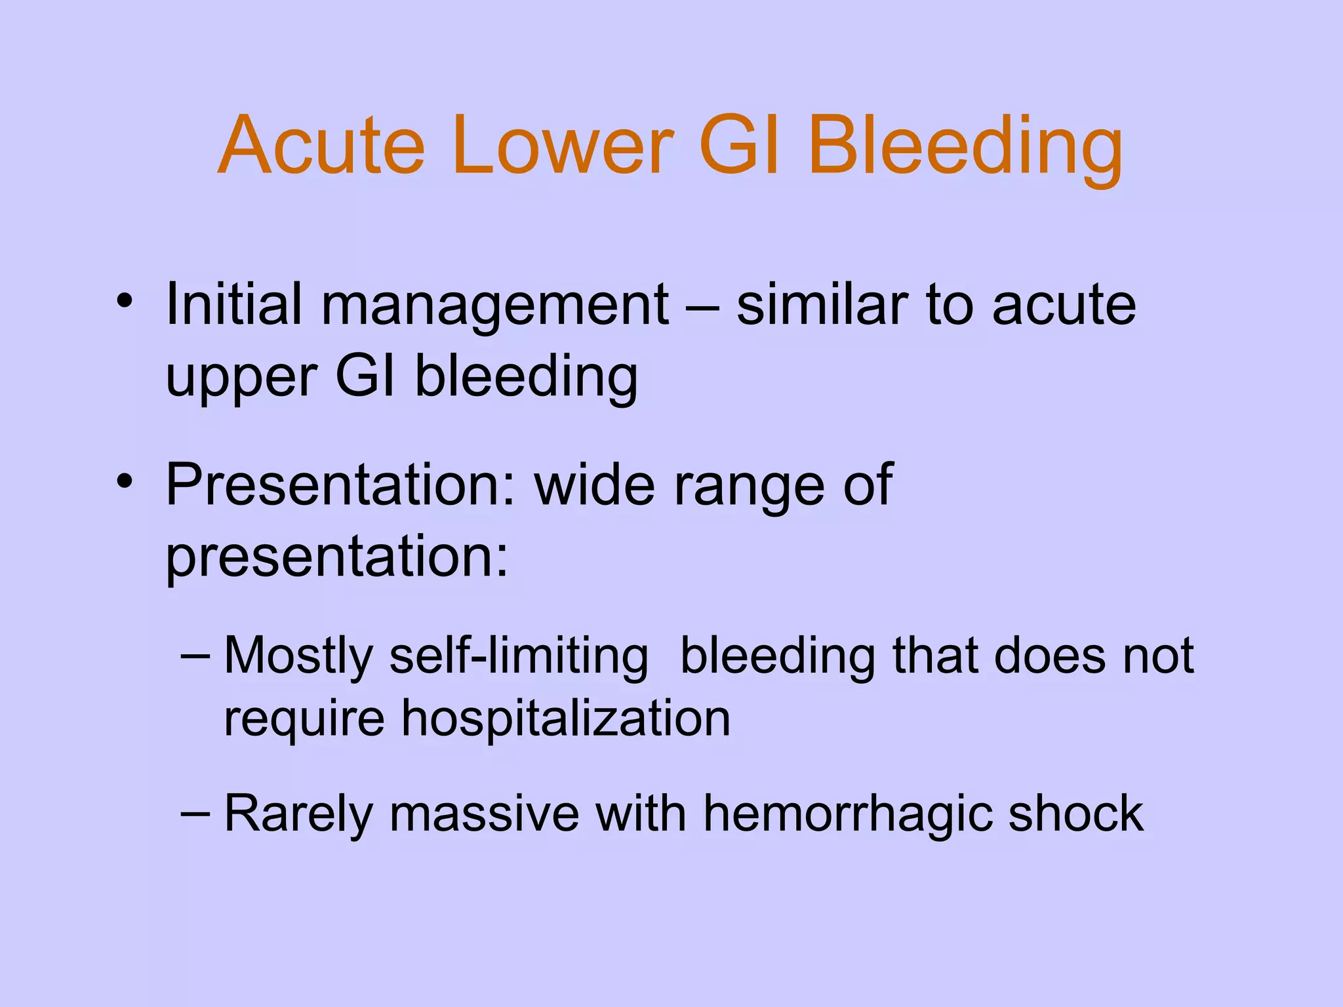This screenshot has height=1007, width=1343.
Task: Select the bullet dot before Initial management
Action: (x=125, y=303)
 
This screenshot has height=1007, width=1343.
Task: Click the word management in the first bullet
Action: (x=494, y=306)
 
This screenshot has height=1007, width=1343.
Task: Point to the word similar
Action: (x=822, y=304)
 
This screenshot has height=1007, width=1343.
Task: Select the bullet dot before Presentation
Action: (x=125, y=483)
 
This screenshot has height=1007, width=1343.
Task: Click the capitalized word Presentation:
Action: (x=341, y=485)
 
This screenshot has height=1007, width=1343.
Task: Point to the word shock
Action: (x=1075, y=814)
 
